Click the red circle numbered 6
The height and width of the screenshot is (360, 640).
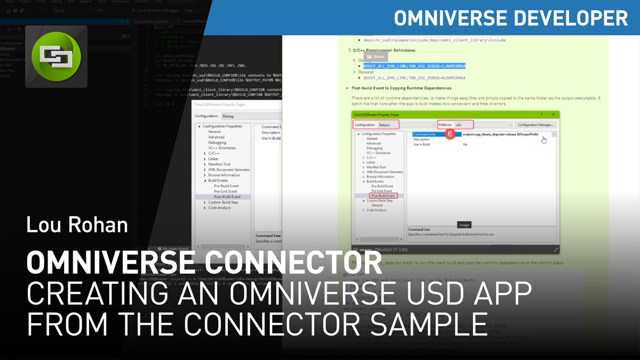point(449,134)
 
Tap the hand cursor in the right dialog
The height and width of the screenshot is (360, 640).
point(543,140)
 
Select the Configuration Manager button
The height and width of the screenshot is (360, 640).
point(535,125)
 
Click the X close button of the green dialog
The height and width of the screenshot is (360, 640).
point(553,115)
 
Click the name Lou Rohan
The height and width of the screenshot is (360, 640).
point(77,224)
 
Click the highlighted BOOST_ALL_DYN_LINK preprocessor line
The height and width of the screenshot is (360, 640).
point(414,66)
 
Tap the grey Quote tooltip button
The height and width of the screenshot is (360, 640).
point(375,56)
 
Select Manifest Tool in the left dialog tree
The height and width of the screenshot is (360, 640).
point(219,164)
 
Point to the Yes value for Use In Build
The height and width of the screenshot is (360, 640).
point(465,144)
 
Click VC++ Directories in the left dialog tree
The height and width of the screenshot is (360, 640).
point(221,148)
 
